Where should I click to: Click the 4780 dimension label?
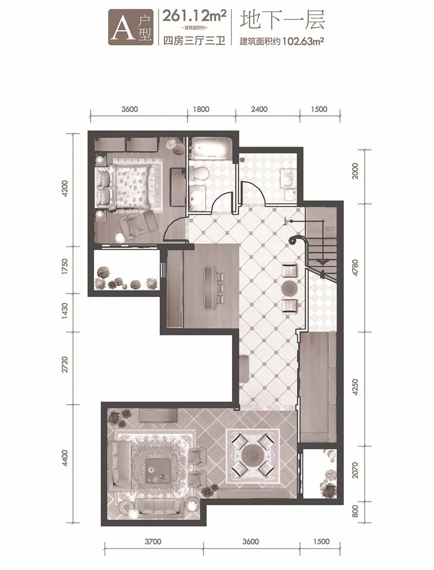(355, 268)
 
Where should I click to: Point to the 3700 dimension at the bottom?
(153, 541)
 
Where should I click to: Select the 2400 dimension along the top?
(259, 109)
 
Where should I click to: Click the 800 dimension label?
(355, 511)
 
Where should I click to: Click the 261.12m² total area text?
(194, 16)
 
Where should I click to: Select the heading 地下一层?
(282, 21)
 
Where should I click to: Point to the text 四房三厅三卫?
(194, 40)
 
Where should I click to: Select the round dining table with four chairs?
(253, 453)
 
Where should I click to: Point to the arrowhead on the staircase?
(321, 261)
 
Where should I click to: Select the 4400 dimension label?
(65, 459)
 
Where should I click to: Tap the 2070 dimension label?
(355, 470)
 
